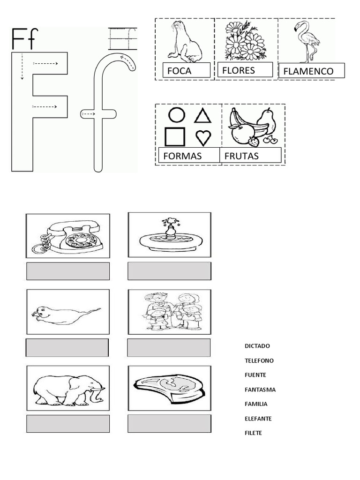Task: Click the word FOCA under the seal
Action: (179, 72)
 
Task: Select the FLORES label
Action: (239, 71)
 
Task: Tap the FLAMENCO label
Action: (308, 72)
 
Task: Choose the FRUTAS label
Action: (242, 156)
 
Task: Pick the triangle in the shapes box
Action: (202, 116)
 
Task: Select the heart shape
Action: (203, 137)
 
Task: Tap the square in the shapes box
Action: (175, 136)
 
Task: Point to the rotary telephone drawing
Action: (68, 236)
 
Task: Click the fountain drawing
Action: (170, 234)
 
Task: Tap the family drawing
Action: (170, 311)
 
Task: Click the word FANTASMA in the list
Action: (260, 390)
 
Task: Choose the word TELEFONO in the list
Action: (259, 360)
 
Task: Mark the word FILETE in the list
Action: (253, 433)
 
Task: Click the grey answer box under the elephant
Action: (68, 424)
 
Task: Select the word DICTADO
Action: (257, 346)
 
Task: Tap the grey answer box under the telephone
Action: (68, 271)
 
